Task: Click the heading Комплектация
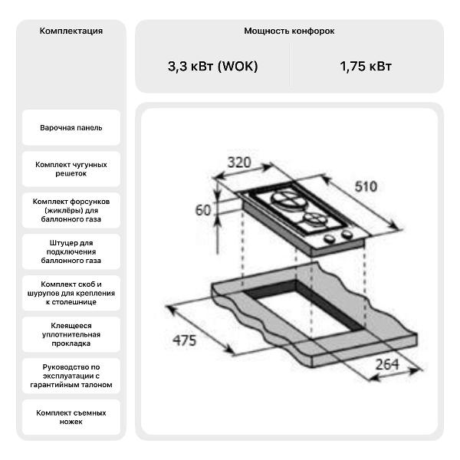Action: [x=71, y=31]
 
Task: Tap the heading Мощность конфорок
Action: [x=289, y=31]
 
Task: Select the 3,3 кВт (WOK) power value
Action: [x=212, y=66]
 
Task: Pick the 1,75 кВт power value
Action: [x=366, y=66]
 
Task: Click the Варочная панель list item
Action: [x=71, y=127]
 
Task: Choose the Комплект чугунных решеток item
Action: [x=71, y=169]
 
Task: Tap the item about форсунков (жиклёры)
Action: [x=71, y=210]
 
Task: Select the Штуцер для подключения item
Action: [x=71, y=251]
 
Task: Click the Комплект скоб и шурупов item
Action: [x=71, y=293]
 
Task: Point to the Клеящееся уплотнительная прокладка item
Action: [x=71, y=334]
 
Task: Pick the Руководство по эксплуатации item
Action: [x=71, y=376]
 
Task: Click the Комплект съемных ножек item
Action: [x=71, y=417]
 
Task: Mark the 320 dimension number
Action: [x=239, y=163]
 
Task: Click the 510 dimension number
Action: [x=366, y=186]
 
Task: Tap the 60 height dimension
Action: [x=203, y=210]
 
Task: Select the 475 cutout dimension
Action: [x=184, y=340]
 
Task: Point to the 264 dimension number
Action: [x=387, y=365]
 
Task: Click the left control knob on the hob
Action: [x=330, y=238]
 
